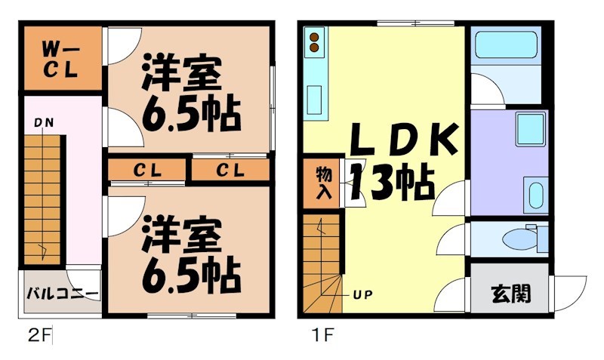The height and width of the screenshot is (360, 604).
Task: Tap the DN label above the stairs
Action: (42, 122)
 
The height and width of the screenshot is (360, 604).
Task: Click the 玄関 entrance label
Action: (510, 292)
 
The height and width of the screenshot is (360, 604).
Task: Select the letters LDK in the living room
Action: (402, 140)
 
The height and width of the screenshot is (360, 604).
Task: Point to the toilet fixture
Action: (519, 239)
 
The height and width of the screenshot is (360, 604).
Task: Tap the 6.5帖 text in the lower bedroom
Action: (190, 277)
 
